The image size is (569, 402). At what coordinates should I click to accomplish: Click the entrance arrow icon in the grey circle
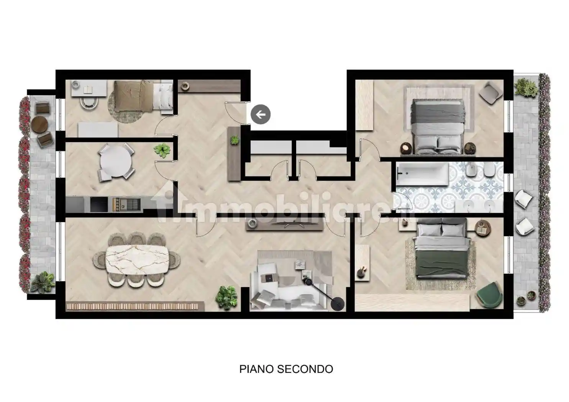click(x=261, y=114)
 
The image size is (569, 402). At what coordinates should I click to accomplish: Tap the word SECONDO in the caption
click(x=305, y=369)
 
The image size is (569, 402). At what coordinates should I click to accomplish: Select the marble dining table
click(x=137, y=260)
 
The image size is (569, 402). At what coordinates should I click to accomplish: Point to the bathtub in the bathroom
click(x=422, y=174)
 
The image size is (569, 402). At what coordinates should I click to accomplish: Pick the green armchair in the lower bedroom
click(x=489, y=295)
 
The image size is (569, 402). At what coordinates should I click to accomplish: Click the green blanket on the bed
click(x=442, y=264)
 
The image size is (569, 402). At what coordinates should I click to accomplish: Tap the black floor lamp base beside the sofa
click(x=338, y=303)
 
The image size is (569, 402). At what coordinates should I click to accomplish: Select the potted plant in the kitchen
click(x=162, y=150)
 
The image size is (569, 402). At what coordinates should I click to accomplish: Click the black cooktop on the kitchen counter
click(x=99, y=204)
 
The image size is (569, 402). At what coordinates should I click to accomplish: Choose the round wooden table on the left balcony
click(x=39, y=124)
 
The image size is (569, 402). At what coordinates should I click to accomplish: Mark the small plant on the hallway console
click(x=235, y=140)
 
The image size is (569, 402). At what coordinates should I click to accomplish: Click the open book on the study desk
click(x=89, y=89)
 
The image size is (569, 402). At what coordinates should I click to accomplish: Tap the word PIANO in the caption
click(x=257, y=369)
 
